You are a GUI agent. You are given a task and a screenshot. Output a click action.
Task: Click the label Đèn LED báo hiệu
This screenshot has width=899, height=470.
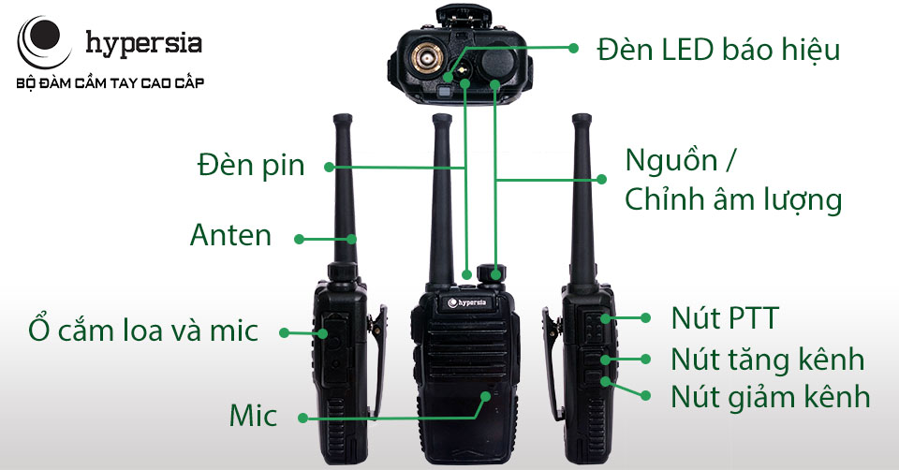[x=718, y=50]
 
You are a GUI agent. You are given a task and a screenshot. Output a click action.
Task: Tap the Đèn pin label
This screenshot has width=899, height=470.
[x=251, y=167]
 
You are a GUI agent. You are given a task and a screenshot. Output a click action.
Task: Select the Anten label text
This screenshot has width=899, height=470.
[x=230, y=235]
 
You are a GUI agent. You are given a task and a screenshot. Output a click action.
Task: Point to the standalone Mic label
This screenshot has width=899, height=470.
[x=253, y=416]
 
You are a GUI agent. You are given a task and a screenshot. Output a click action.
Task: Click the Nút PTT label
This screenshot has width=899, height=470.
[x=725, y=318]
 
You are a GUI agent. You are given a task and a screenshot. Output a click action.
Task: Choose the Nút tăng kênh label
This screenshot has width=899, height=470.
[x=767, y=360]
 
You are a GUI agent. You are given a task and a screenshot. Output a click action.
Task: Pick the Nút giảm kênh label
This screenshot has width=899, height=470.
[x=770, y=397]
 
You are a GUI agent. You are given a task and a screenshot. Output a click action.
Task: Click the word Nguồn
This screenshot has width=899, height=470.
[x=671, y=160]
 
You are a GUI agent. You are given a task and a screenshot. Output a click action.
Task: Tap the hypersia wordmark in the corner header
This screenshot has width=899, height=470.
[x=143, y=44]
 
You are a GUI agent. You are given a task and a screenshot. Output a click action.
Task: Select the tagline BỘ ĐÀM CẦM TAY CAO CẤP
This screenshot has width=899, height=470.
[x=111, y=83]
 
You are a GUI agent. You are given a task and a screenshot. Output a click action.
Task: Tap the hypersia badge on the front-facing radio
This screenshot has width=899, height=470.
[x=466, y=302]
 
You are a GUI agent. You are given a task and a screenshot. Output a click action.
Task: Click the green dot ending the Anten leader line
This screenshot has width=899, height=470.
[x=299, y=239]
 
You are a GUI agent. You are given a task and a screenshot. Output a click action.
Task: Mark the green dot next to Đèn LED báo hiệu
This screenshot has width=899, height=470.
[x=573, y=48]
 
